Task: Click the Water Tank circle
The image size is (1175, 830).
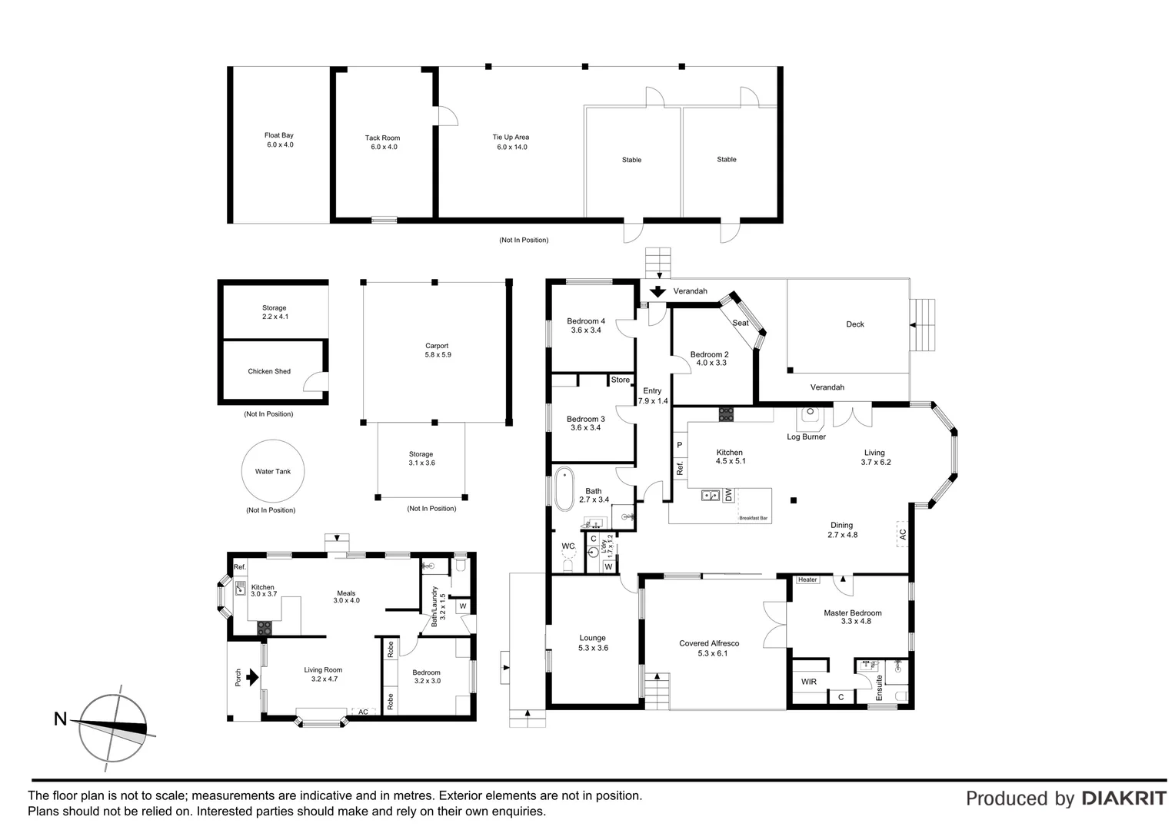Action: pos(273,471)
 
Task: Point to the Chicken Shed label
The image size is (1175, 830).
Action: pos(269,371)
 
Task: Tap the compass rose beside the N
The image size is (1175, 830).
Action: pos(114,728)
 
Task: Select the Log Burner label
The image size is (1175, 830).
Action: pos(806,437)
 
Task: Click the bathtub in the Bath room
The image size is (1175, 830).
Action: pos(564,489)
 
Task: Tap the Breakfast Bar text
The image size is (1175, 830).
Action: pos(754,519)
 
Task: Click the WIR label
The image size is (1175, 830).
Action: pos(809,682)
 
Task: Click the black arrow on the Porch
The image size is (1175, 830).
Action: pos(251,676)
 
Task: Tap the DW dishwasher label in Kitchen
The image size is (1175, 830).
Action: pos(728,496)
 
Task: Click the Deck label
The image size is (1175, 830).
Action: pos(855,324)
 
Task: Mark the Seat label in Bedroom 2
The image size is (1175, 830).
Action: pos(741,323)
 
